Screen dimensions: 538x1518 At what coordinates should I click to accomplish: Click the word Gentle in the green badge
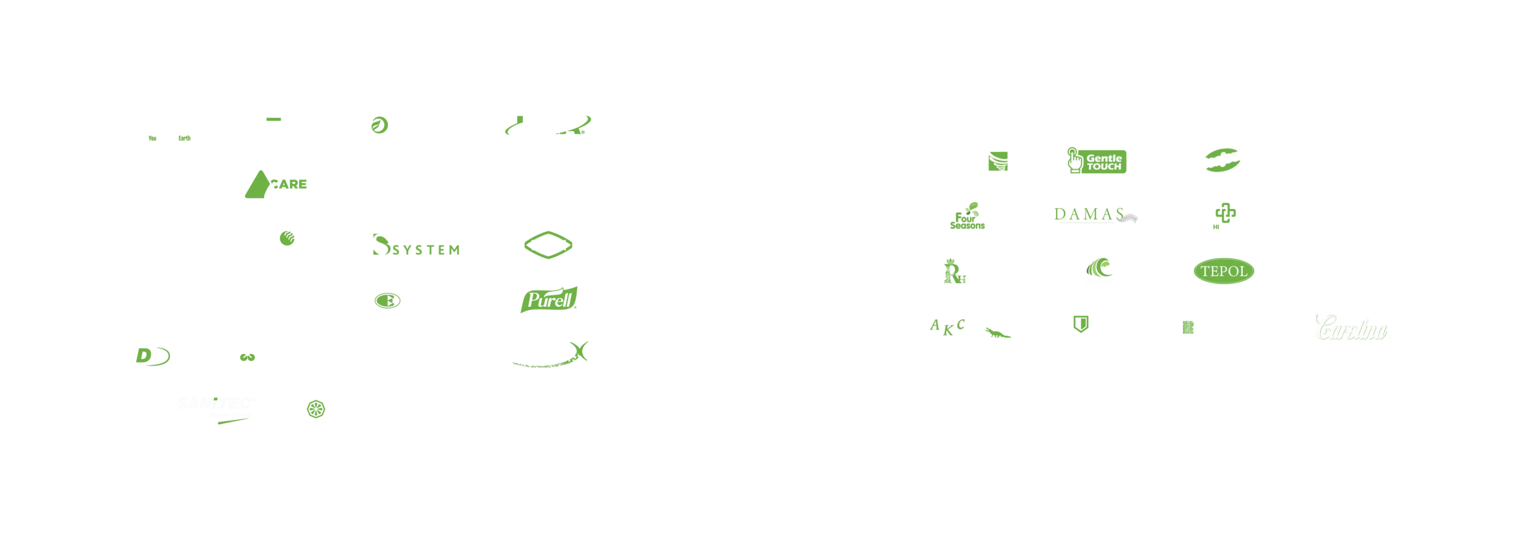(1104, 158)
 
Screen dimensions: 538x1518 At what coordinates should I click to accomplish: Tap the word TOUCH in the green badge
(1104, 167)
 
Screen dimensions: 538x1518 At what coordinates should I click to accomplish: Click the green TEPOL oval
(1223, 272)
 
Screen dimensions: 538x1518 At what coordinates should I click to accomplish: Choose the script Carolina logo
(1352, 328)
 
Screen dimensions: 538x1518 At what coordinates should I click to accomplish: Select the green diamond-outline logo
(547, 244)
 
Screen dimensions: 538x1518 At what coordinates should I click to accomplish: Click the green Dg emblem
(151, 357)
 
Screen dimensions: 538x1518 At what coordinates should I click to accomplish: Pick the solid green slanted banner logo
(548, 300)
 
